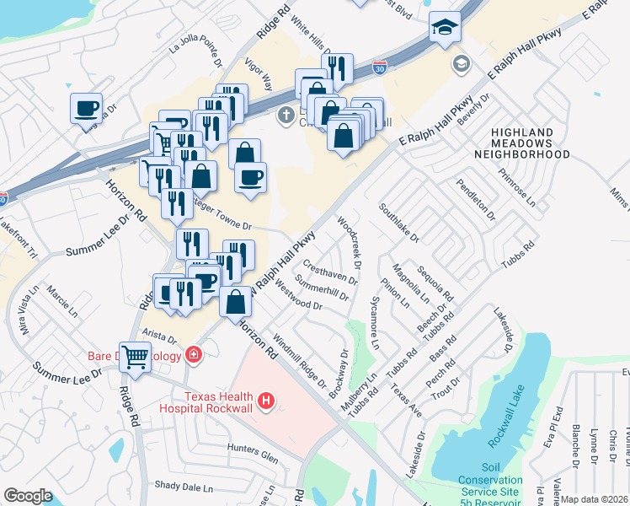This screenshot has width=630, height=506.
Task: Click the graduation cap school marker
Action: pyautogui.click(x=443, y=28)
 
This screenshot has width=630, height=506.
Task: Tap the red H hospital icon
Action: pyautogui.click(x=267, y=400)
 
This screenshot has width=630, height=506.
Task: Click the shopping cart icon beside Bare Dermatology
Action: pyautogui.click(x=134, y=356)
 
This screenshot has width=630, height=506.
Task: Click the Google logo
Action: pyautogui.click(x=28, y=496)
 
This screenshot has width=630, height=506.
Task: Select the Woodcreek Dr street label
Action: pyautogui.click(x=350, y=244)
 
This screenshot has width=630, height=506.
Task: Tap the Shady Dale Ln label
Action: pyautogui.click(x=184, y=487)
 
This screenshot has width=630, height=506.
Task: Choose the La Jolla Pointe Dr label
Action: pyautogui.click(x=195, y=56)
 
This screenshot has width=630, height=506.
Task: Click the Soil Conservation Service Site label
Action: pyautogui.click(x=502, y=479)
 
